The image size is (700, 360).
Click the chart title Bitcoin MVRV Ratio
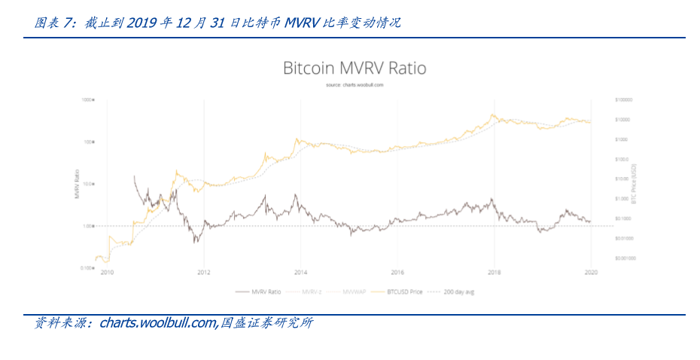354,69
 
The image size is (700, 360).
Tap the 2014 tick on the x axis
300,273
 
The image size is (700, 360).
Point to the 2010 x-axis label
106,273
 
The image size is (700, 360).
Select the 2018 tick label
495,273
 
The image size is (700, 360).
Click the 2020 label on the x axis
591,273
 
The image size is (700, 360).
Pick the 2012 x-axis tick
203,273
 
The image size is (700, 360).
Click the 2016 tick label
397,273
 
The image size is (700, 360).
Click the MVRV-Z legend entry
311,290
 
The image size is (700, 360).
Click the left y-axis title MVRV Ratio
78,185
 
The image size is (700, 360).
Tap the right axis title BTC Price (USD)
634,183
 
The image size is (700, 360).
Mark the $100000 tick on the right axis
623,99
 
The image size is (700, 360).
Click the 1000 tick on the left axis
87,99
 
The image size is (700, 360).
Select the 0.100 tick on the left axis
87,267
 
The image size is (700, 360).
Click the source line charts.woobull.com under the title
355,85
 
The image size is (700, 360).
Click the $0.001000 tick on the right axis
625,258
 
